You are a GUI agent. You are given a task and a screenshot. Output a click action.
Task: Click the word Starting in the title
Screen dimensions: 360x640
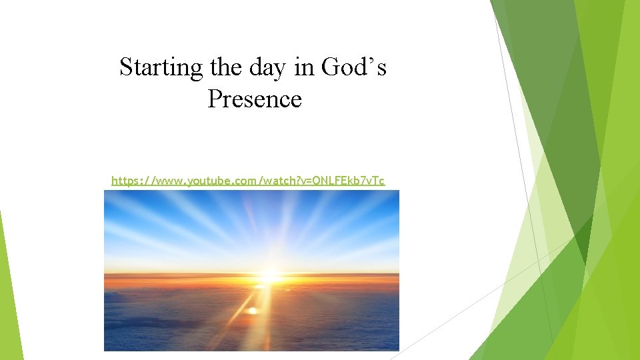(x=161, y=68)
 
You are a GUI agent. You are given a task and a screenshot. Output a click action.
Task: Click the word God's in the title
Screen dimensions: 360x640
(x=353, y=68)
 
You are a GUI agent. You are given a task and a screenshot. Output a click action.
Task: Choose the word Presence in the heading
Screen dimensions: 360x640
(x=255, y=99)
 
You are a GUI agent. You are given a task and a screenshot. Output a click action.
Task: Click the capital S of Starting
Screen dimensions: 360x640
(x=126, y=68)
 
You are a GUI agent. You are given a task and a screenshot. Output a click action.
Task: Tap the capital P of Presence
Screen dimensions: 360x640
(x=215, y=99)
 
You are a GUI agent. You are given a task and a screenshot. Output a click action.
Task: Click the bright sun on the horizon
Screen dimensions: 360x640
(x=269, y=275)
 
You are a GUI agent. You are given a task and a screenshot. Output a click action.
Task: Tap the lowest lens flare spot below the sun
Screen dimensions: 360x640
(x=251, y=311)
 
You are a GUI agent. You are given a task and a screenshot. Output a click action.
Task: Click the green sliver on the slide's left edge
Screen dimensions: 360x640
(x=9, y=293)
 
